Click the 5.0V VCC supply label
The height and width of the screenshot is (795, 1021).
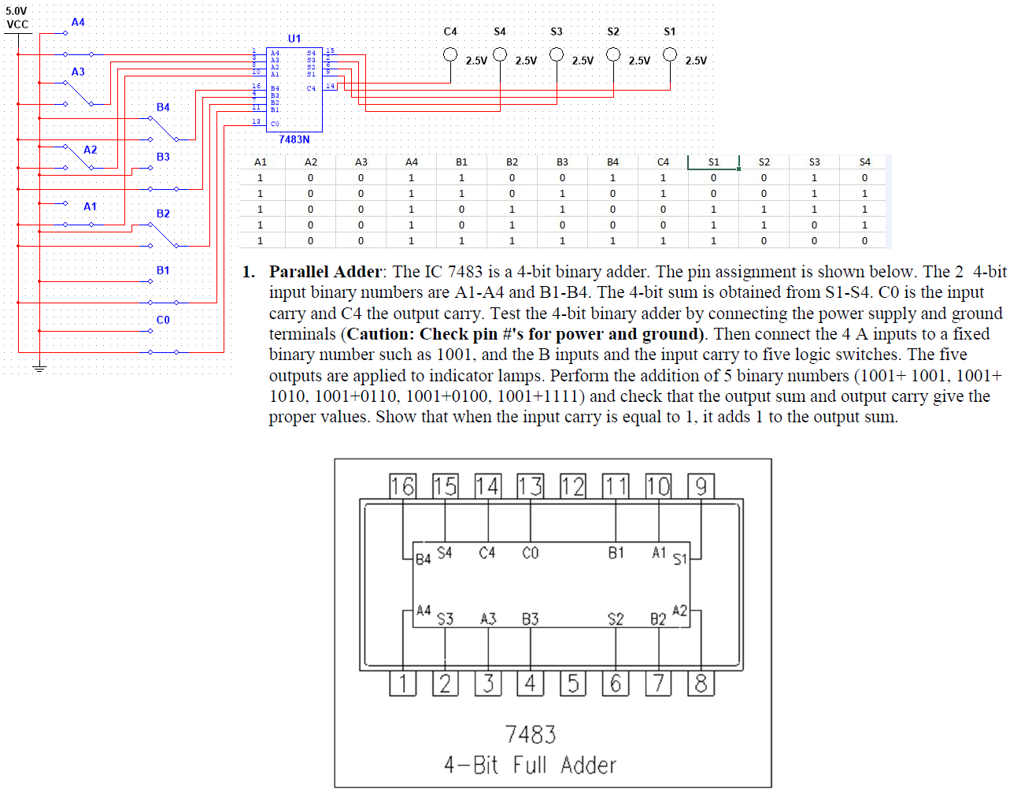click(17, 17)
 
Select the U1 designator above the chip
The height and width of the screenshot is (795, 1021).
click(294, 38)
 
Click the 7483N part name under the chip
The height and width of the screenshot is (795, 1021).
click(294, 139)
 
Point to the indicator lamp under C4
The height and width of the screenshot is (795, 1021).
click(450, 54)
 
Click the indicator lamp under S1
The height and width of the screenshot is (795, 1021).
click(670, 54)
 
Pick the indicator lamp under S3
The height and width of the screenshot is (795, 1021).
click(557, 54)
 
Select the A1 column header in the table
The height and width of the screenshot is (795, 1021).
click(261, 162)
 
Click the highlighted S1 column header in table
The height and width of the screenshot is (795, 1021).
click(713, 162)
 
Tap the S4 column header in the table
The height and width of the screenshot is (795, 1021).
click(864, 162)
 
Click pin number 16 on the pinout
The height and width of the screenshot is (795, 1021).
click(402, 486)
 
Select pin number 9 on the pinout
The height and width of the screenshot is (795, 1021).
click(701, 486)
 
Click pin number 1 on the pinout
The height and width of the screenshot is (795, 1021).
click(402, 683)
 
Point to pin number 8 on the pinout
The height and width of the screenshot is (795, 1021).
click(701, 683)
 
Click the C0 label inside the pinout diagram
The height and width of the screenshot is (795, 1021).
click(531, 553)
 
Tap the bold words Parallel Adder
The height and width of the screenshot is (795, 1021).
click(325, 272)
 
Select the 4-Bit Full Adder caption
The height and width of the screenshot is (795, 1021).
click(530, 765)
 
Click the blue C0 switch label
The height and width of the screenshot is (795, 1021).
click(163, 320)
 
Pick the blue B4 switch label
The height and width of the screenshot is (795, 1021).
click(163, 107)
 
